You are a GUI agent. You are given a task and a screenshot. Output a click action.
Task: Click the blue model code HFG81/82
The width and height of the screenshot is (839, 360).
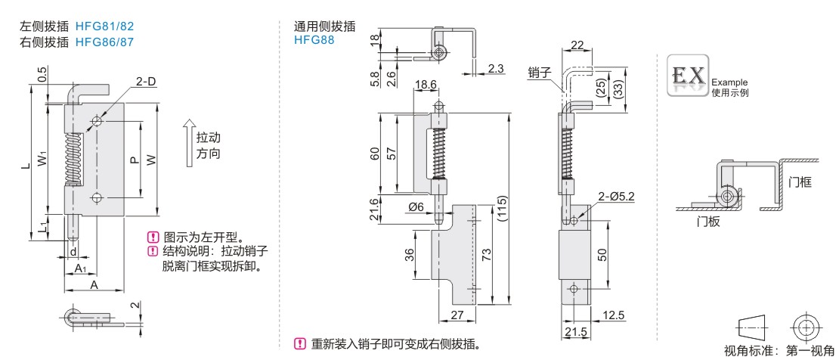click(104, 26)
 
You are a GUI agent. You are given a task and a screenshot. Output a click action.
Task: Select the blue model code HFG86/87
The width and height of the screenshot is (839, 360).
click(104, 42)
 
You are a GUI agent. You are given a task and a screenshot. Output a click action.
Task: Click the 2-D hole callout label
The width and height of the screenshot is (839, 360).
click(147, 82)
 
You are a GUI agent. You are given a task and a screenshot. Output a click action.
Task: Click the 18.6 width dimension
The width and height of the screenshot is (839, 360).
click(425, 85)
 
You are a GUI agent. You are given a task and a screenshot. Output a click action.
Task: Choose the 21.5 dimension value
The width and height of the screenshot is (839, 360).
click(574, 333)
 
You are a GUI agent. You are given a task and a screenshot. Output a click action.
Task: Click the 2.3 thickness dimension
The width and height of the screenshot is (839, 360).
click(496, 69)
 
